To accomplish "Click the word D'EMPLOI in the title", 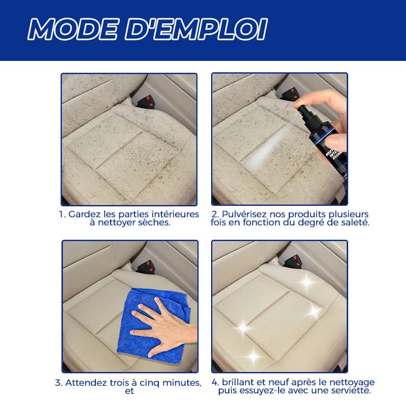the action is point(196,29).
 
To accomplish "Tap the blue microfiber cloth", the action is point(153,325).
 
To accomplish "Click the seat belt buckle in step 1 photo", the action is point(145,101).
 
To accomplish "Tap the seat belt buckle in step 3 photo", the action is point(145,267).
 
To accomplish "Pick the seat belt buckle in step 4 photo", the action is point(293,261).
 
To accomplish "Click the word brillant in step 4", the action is point(238,382).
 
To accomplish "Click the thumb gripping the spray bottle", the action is point(335,143).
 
